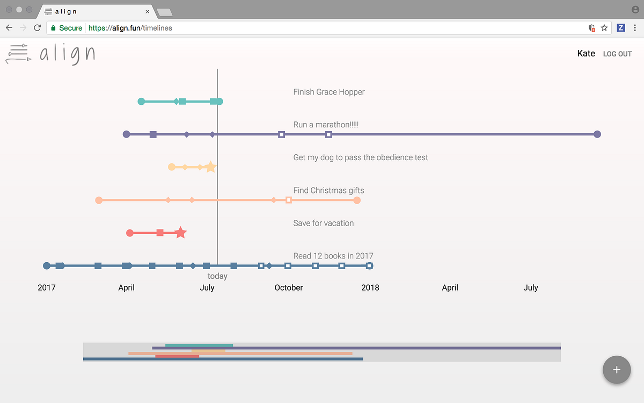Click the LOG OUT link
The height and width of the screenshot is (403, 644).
(x=617, y=54)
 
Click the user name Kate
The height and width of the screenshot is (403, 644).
(x=586, y=53)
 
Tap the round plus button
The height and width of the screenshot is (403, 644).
(x=617, y=370)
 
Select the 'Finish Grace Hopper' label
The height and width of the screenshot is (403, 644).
(x=328, y=92)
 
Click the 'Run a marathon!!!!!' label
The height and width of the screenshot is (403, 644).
(x=326, y=125)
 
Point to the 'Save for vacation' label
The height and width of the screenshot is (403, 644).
(x=323, y=223)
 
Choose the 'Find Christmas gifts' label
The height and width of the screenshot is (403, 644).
(x=328, y=190)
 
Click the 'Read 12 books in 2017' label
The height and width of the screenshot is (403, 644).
(x=333, y=256)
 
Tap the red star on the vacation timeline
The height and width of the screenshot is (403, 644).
(x=181, y=233)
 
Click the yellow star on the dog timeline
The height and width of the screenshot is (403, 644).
(x=210, y=167)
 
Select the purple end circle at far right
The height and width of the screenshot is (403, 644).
(x=597, y=134)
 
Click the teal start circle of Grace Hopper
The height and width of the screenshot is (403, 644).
(x=141, y=102)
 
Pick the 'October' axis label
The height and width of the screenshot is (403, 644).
(x=289, y=287)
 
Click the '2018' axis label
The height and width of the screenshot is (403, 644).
(x=370, y=287)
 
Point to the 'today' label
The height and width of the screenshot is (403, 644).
(x=217, y=276)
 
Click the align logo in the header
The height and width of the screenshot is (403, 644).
(x=50, y=54)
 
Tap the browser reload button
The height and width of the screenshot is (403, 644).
(x=37, y=27)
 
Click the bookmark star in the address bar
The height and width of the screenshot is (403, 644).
(x=604, y=27)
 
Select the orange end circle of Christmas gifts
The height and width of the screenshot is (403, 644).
(x=357, y=200)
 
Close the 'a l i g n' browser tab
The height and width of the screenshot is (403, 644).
(x=147, y=11)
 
